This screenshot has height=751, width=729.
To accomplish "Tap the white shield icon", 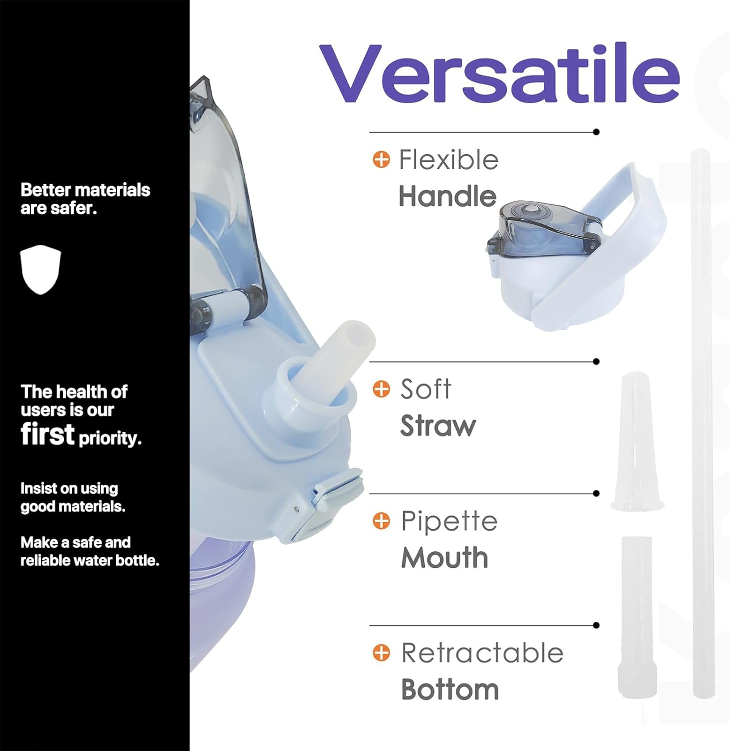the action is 41,269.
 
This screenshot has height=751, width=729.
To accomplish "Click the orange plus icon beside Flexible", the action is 381,160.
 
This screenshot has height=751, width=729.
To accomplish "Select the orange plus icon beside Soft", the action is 381,389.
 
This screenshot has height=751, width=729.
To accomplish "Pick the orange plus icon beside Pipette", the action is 381,521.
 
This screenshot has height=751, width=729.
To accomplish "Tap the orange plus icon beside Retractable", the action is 381,653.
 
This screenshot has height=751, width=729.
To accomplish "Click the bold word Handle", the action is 447,196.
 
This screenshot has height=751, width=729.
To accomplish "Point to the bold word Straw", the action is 438,426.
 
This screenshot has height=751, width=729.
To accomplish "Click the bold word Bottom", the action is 450,689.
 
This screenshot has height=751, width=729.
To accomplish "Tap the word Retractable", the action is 482,653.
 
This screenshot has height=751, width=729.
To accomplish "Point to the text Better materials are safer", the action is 85,199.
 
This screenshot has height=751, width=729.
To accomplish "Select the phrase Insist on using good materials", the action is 73,497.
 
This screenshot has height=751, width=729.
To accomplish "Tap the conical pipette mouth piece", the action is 636,441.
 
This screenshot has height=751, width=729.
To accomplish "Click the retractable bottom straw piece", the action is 637,617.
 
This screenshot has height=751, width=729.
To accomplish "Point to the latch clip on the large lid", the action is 325,503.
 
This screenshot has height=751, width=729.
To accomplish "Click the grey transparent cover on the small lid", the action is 543,228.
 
